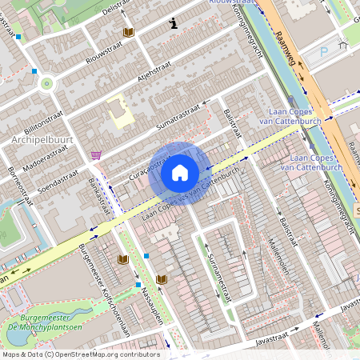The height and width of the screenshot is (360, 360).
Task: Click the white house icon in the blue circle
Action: (x=180, y=173)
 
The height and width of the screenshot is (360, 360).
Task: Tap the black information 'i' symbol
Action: (x=173, y=24)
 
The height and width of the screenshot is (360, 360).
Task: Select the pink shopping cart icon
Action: (x=96, y=154)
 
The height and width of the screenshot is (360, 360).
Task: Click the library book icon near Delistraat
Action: (x=128, y=32)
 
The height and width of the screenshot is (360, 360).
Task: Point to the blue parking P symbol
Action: (x=324, y=51)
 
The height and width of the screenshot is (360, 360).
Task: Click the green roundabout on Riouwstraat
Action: (x=46, y=82)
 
